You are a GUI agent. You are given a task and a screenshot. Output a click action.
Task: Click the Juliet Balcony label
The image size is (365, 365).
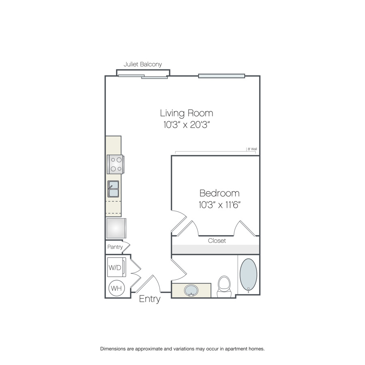[x=142, y=64]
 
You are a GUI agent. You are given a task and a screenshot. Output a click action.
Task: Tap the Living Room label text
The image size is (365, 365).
[x=187, y=114]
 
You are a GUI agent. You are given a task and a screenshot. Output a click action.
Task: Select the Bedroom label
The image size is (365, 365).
[x=219, y=193]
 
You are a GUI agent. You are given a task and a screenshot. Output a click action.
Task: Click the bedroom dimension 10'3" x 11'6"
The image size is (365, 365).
[x=219, y=205]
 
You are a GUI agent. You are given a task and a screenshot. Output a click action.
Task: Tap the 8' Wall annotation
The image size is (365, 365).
[x=252, y=149]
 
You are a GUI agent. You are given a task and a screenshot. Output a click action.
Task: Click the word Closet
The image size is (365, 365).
[x=217, y=240]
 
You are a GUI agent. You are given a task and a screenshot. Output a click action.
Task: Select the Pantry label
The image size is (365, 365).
[x=115, y=247]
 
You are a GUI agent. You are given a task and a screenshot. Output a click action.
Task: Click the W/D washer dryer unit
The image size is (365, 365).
[x=117, y=267]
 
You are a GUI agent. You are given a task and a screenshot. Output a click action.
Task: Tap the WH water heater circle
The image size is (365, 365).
[x=117, y=288]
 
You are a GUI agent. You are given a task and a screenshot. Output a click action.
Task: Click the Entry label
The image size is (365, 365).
[x=150, y=299]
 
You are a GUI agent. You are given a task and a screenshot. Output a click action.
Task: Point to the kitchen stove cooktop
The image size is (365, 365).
[x=116, y=164]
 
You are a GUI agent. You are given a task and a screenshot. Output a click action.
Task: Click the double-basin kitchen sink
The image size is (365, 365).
[x=113, y=189]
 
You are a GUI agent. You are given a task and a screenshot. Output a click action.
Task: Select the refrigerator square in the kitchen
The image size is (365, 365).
[x=116, y=228]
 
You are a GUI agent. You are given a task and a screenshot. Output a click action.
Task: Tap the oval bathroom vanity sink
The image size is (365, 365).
[x=191, y=290]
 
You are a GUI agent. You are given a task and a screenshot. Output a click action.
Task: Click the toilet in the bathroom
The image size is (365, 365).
[x=224, y=286]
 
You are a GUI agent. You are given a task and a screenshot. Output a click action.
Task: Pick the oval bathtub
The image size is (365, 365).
[x=248, y=275]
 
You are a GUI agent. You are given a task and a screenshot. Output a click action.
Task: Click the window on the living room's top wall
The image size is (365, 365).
[x=221, y=76]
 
